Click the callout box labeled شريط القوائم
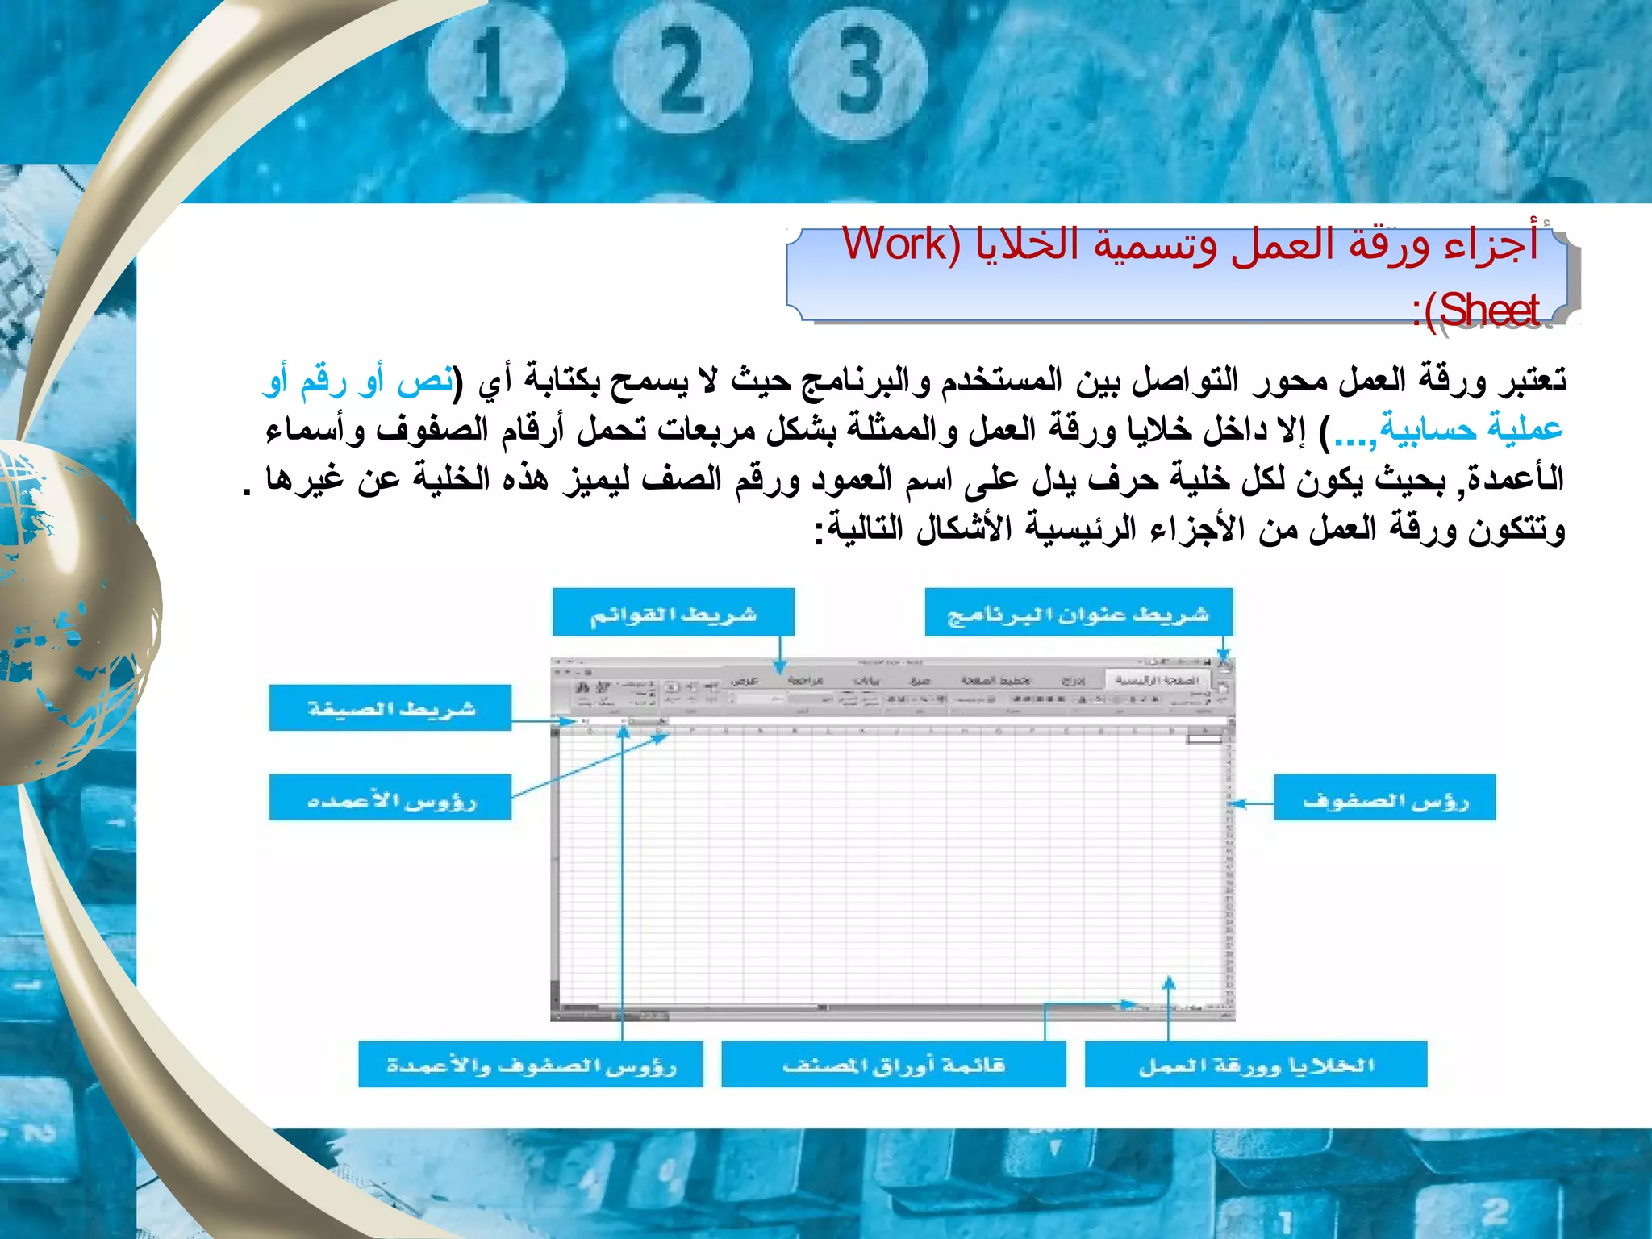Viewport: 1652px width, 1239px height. (x=673, y=612)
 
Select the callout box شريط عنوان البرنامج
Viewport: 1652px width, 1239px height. (x=1078, y=612)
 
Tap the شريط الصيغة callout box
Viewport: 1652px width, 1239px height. (x=390, y=708)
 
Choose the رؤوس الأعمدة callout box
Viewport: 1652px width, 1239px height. (x=390, y=798)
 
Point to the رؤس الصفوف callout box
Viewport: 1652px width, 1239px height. (x=1384, y=798)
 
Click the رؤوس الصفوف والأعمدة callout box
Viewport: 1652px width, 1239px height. (x=531, y=1065)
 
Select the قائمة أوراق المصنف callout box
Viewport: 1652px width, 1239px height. (x=893, y=1065)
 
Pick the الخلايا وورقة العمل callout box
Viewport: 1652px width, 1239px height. (x=1255, y=1065)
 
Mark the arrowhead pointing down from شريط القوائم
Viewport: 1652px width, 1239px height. (x=780, y=668)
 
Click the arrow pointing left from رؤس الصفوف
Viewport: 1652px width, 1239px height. (x=1238, y=803)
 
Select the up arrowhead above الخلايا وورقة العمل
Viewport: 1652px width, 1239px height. (x=1169, y=982)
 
